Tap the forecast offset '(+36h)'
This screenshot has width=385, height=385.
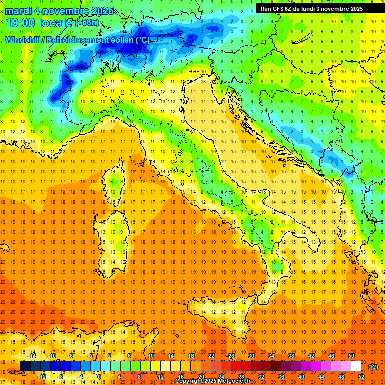[87, 23]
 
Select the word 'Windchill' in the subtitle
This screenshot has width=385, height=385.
[23, 40]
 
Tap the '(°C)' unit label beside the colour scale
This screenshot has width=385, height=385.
[373, 367]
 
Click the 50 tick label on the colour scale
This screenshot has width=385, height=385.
[351, 356]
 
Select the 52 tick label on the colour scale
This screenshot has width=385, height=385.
[361, 377]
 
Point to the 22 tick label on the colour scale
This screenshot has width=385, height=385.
[211, 356]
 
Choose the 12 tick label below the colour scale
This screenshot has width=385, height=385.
[161, 377]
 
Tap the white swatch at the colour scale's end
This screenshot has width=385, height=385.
[356, 366]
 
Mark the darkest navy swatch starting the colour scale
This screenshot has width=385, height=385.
[26, 366]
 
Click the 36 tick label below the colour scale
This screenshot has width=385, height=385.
[281, 377]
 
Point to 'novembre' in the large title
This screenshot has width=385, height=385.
[65, 11]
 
